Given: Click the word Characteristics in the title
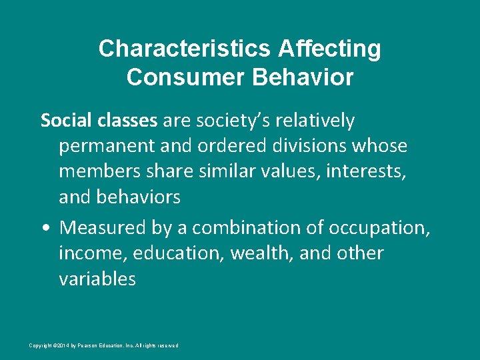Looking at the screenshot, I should (185, 49).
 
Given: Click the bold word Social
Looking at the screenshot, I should (62, 121).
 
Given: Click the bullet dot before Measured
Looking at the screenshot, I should (45, 228).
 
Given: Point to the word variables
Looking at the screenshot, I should (97, 279).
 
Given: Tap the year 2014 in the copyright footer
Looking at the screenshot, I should (61, 345).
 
